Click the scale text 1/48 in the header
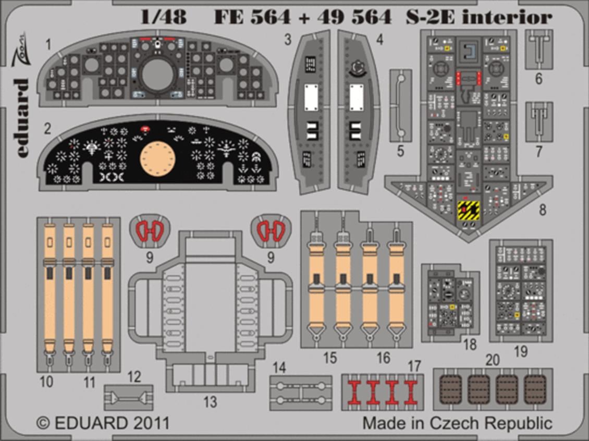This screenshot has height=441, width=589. [163, 17]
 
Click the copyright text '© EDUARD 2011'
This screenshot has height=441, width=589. [103, 423]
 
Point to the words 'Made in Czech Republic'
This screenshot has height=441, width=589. [457, 423]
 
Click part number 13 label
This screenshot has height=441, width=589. [210, 402]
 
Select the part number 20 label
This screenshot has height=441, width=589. [492, 360]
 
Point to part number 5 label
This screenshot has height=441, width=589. [400, 152]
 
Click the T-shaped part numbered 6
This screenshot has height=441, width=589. [538, 49]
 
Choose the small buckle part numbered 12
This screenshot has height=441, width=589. [128, 399]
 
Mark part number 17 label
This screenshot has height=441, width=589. [414, 367]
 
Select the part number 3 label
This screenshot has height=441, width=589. [288, 40]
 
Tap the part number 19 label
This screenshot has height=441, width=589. [520, 352]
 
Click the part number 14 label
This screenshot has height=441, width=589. [279, 368]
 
